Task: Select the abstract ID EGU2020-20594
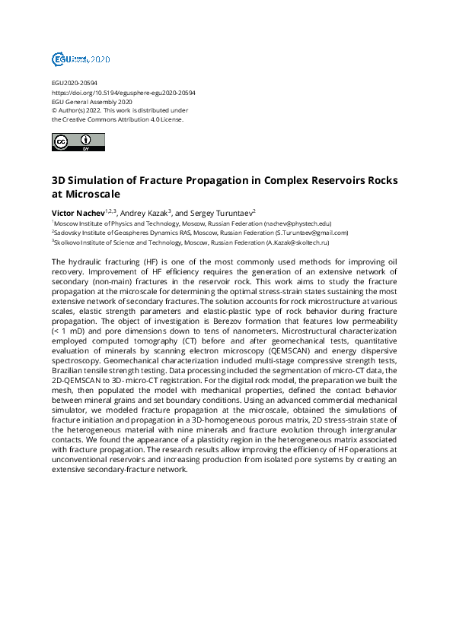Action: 74,83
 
